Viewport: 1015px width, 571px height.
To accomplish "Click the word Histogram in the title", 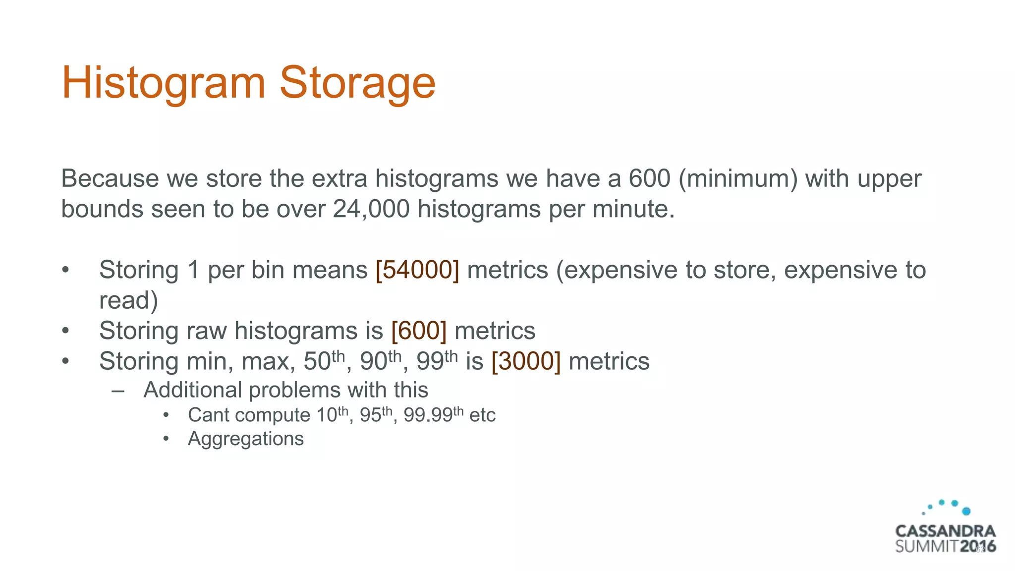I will click(164, 83).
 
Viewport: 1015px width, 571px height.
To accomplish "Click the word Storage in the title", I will click(357, 83).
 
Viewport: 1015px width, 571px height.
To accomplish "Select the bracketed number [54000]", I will click(417, 270).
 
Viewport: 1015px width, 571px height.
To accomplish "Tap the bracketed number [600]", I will click(419, 331).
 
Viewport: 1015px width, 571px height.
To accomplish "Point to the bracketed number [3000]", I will click(526, 361).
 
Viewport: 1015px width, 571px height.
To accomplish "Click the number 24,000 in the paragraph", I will click(371, 209).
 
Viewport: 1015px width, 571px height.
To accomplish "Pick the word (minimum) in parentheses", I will click(738, 178).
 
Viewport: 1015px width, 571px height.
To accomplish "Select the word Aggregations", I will click(246, 439).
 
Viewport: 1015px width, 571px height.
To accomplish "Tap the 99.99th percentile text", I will click(433, 414).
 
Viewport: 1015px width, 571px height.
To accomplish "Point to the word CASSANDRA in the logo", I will click(945, 531).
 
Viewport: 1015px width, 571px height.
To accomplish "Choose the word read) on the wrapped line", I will click(128, 300).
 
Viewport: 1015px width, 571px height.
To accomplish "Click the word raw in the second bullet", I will click(206, 331).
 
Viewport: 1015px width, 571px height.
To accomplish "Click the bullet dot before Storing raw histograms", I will click(65, 331).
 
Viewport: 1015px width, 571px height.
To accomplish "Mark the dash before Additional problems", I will click(118, 391).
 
